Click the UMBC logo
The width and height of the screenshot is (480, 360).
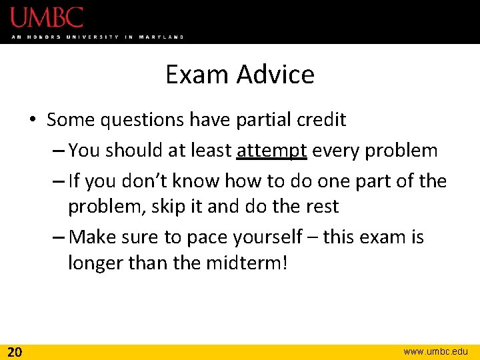tap(47, 17)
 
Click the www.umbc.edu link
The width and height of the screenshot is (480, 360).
tap(436, 351)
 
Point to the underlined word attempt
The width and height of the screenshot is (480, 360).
tap(271, 151)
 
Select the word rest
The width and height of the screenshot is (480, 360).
tap(323, 207)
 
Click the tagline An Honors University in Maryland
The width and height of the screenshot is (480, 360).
tap(97, 37)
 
